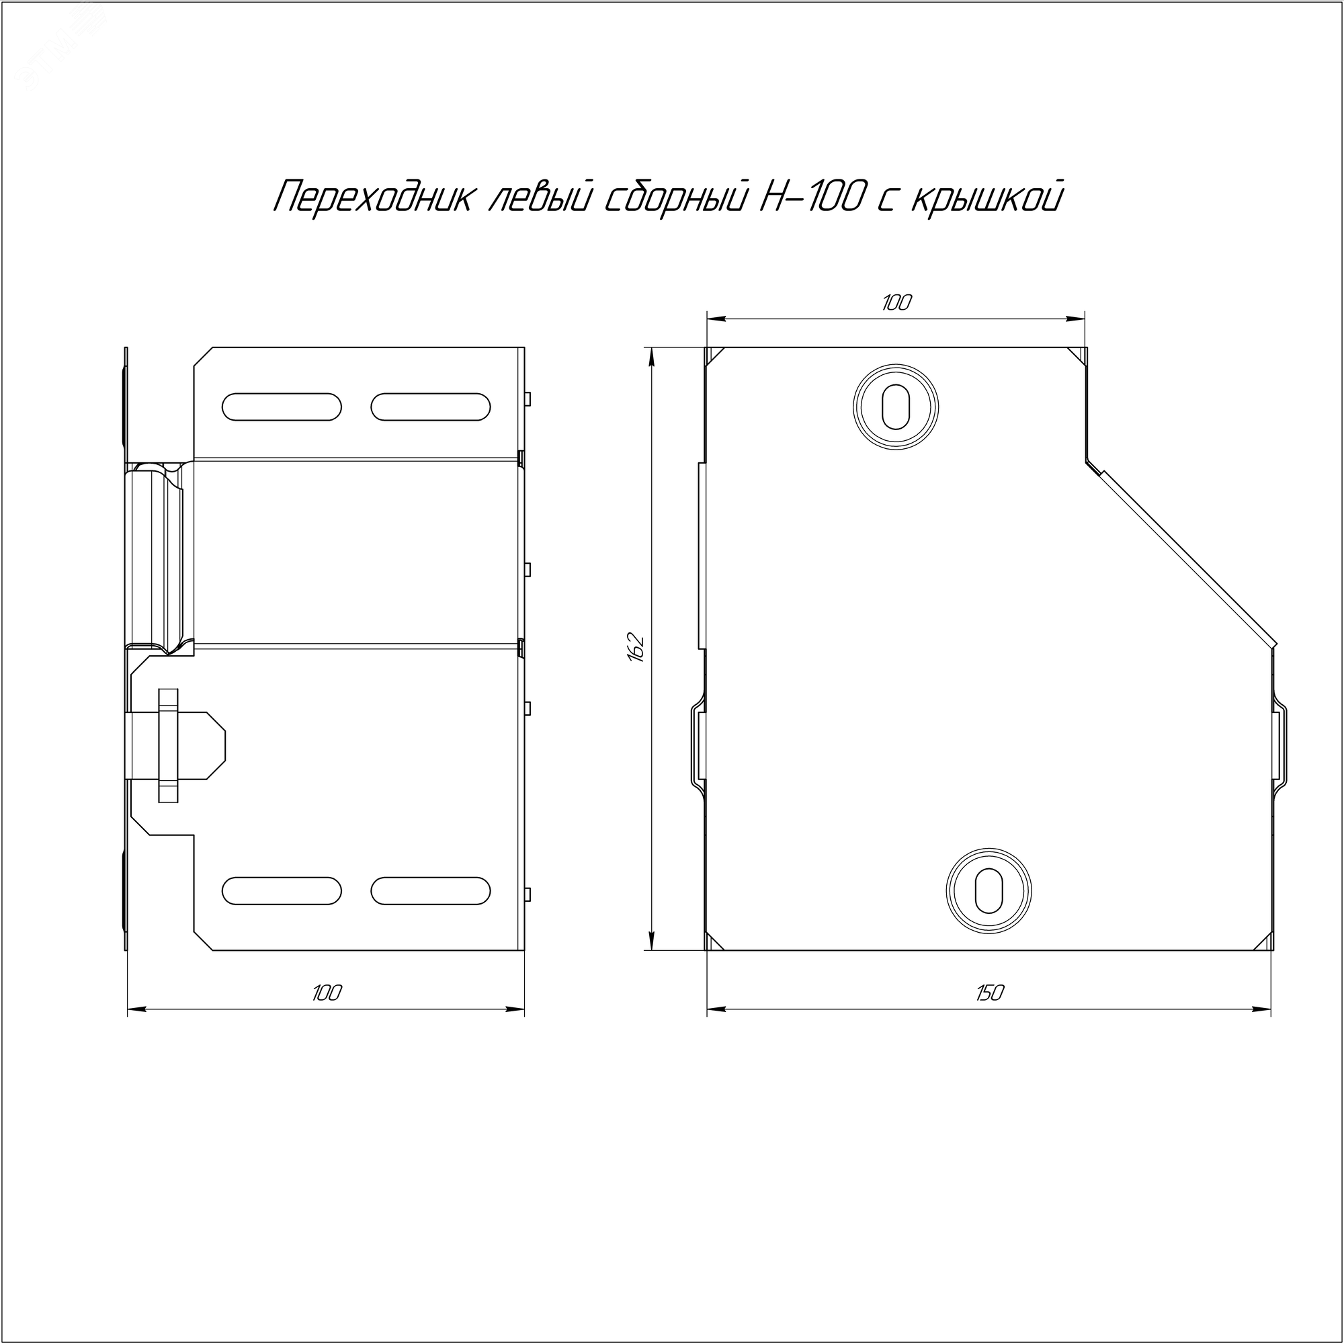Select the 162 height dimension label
pyautogui.click(x=637, y=648)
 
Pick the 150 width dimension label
pyautogui.click(x=989, y=993)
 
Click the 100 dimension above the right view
pyautogui.click(x=896, y=302)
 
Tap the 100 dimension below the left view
pyautogui.click(x=327, y=993)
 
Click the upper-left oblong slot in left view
pyautogui.click(x=282, y=407)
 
